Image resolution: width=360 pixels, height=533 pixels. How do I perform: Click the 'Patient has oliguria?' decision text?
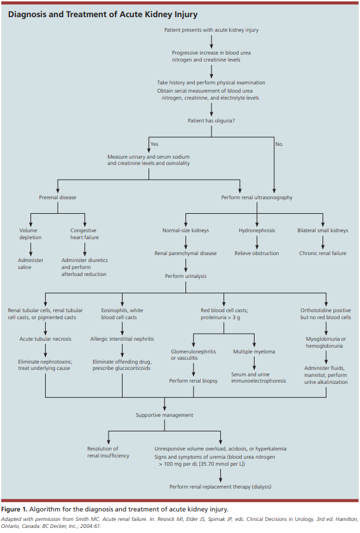pyautogui.click(x=211, y=121)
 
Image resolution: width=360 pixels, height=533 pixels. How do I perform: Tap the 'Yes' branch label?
pyautogui.click(x=154, y=144)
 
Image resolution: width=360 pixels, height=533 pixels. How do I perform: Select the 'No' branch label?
pyautogui.click(x=279, y=144)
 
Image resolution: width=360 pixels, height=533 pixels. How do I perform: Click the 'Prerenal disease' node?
pyautogui.click(x=58, y=197)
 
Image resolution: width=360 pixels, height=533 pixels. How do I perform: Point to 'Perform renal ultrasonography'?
pyautogui.click(x=257, y=197)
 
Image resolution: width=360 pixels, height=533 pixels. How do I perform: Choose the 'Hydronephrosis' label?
pyautogui.click(x=257, y=230)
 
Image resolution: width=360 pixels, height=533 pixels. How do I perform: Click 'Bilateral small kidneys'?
pyautogui.click(x=323, y=230)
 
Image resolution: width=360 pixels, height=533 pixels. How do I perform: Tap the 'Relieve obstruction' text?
pyautogui.click(x=257, y=253)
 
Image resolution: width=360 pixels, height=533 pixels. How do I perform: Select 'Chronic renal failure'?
pyautogui.click(x=323, y=253)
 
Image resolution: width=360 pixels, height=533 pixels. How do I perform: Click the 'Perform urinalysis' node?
pyautogui.click(x=186, y=276)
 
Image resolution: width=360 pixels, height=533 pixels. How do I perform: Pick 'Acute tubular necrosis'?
pyautogui.click(x=45, y=339)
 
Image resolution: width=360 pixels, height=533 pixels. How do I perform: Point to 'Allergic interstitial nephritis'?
pyautogui.click(x=122, y=339)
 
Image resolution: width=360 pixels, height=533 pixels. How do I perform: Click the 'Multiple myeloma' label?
pyautogui.click(x=254, y=352)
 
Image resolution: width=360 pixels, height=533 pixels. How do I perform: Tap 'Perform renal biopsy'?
pyautogui.click(x=193, y=381)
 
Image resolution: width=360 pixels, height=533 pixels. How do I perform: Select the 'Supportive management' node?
pyautogui.click(x=164, y=415)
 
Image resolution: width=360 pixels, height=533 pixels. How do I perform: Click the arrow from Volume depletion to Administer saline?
pyautogui.click(x=30, y=249)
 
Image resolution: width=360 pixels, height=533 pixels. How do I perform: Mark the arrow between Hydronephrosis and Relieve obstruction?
pyautogui.click(x=257, y=242)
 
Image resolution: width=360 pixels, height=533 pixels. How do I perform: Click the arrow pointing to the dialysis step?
pyautogui.click(x=220, y=475)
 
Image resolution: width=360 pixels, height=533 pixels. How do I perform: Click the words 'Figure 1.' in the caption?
pyautogui.click(x=15, y=509)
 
